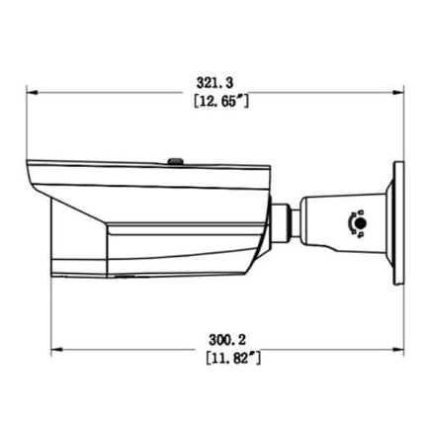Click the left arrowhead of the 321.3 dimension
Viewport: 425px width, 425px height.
31,94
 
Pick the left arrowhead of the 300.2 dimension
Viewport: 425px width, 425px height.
53,347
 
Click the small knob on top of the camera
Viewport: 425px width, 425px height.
174,158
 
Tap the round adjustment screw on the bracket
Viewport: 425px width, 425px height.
359,224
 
